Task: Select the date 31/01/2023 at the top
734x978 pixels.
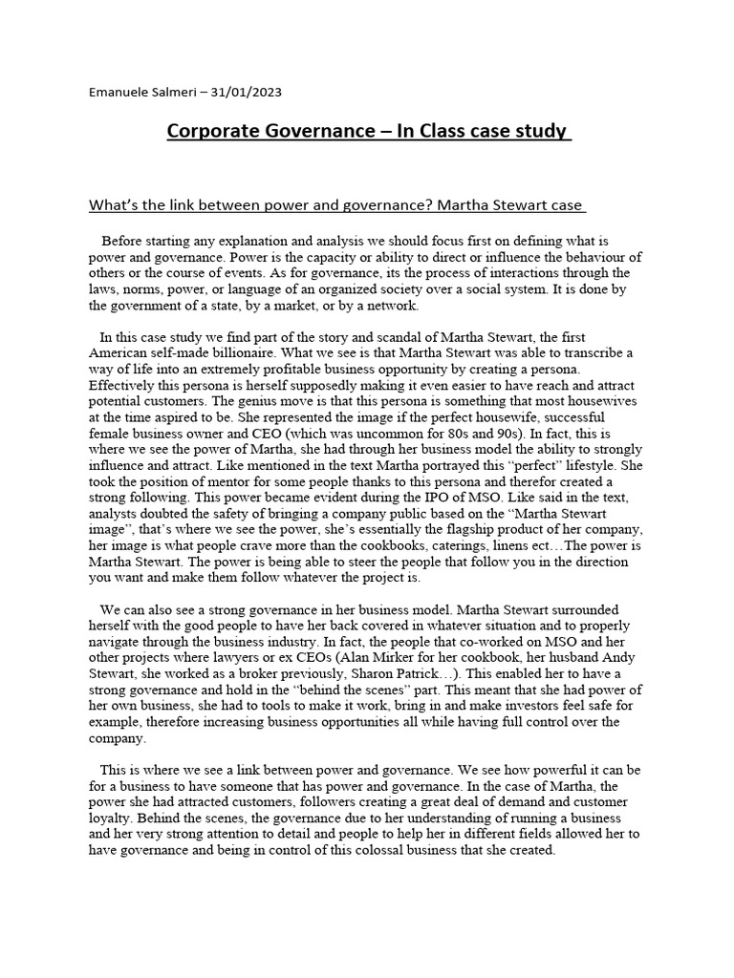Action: coord(248,93)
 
